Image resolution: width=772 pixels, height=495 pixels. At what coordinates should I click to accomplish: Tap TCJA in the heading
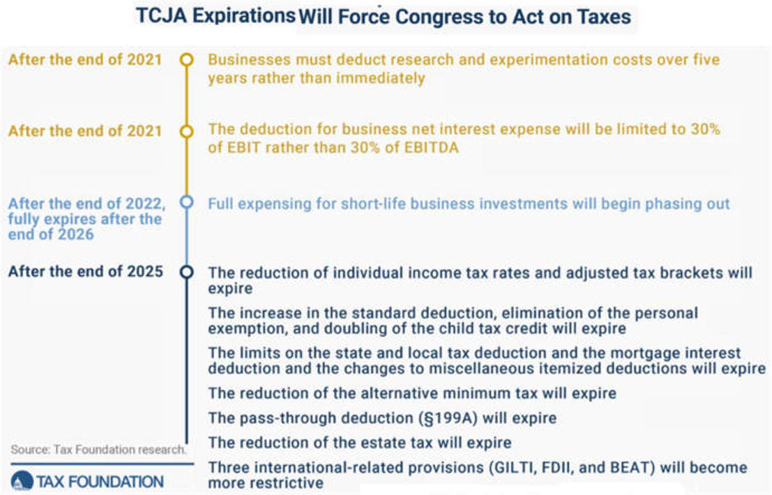[162, 15]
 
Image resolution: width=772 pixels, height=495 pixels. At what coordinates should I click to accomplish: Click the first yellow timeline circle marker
[187, 59]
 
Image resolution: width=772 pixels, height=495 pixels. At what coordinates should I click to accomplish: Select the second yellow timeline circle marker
[187, 131]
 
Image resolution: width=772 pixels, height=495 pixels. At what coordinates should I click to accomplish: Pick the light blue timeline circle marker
[187, 201]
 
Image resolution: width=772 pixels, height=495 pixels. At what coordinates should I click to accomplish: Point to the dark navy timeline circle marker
[187, 272]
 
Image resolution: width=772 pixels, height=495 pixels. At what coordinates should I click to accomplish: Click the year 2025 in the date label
[145, 271]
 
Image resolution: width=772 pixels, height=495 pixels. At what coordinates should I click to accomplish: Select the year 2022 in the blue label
[146, 203]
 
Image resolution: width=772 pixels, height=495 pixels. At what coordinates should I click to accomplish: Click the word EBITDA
[431, 147]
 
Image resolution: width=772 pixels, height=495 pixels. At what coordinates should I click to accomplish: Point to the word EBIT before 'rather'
[243, 147]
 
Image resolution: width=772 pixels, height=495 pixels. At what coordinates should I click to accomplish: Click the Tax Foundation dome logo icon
[22, 481]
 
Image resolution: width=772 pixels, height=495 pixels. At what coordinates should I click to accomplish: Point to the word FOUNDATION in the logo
[117, 481]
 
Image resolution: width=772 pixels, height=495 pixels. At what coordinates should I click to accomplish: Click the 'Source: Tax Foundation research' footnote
[98, 449]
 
